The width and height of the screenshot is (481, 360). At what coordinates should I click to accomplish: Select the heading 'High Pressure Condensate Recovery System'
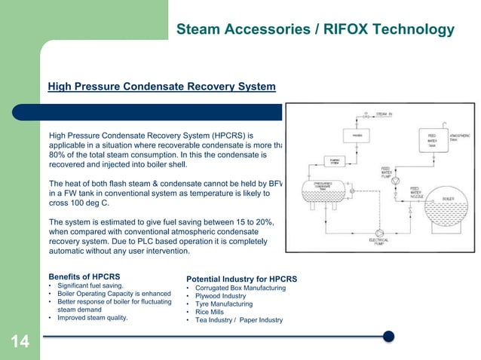pos(161,87)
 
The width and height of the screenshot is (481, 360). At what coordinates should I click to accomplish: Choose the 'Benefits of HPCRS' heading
pos(84,276)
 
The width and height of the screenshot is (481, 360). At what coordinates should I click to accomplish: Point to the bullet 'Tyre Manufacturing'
pos(226,304)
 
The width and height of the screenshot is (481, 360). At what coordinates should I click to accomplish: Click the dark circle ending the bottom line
pos(388,336)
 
